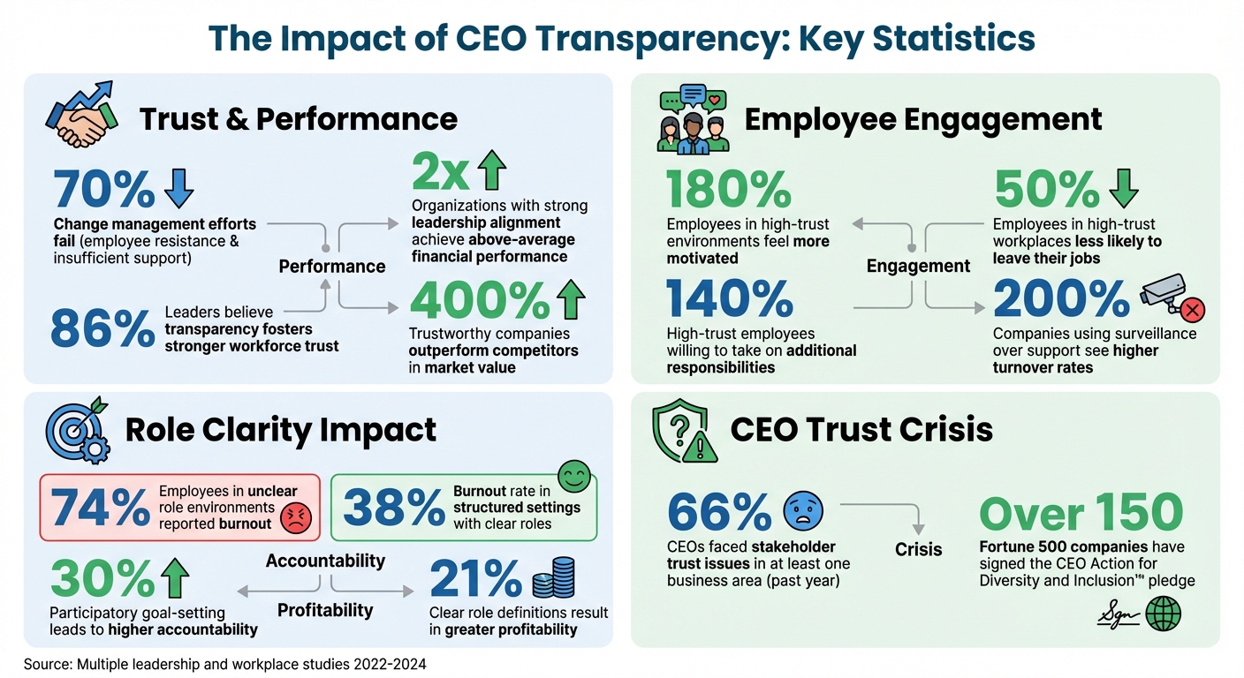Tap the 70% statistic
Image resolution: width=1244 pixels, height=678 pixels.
click(x=103, y=189)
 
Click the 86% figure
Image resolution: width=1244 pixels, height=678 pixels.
click(x=102, y=328)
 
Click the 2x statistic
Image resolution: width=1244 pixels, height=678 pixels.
click(x=439, y=173)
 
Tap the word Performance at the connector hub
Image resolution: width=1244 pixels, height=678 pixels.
click(x=332, y=266)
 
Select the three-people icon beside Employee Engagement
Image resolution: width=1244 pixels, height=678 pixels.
click(x=692, y=118)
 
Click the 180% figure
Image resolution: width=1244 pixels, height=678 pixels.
click(x=729, y=190)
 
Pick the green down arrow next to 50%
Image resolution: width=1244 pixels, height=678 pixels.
click(x=1123, y=187)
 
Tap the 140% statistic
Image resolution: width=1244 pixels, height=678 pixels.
click(x=729, y=299)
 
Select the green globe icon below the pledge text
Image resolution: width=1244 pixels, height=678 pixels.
click(x=1163, y=614)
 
